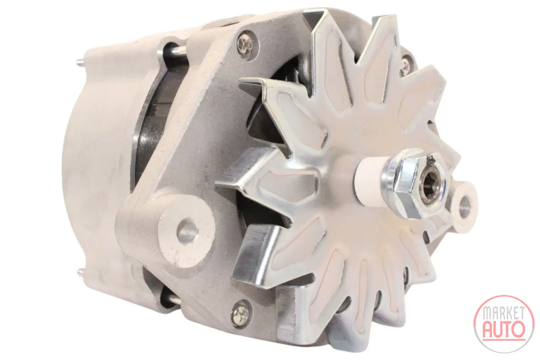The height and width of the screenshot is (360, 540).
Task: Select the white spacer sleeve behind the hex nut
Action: tap(370, 180)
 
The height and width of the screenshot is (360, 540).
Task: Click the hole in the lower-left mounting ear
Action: tap(189, 231)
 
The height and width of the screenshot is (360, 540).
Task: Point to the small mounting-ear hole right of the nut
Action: tap(462, 207)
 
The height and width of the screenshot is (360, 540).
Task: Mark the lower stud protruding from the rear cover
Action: tap(82, 273)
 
